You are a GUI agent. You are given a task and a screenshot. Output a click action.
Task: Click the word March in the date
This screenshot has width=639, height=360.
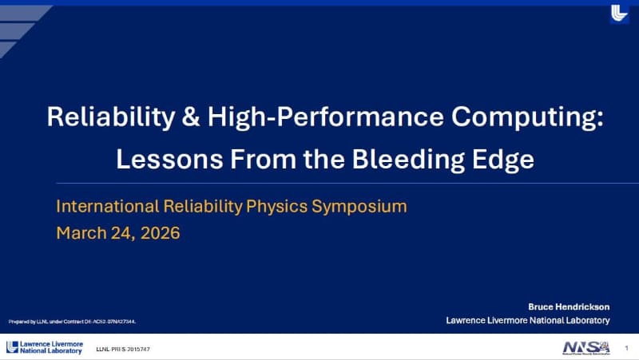[81, 233]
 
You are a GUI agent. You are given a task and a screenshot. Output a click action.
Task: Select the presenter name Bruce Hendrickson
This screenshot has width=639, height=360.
[569, 307]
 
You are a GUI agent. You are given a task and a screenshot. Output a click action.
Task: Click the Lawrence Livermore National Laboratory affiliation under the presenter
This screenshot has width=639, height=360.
[527, 320]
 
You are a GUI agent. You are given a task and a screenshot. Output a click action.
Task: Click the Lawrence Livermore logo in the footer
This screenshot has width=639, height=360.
[44, 347]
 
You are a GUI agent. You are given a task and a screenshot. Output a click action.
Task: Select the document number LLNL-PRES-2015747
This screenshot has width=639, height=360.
[123, 350]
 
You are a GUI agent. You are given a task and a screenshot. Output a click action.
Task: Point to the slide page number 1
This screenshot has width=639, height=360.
[627, 347]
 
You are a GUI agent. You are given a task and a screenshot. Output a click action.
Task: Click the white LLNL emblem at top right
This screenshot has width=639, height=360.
[619, 14]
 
